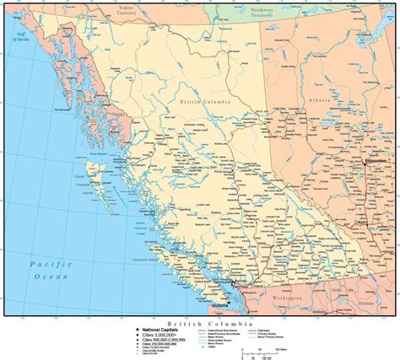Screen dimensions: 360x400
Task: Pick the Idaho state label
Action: [x=337, y=291]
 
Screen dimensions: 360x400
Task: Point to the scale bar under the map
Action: [x=258, y=352]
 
